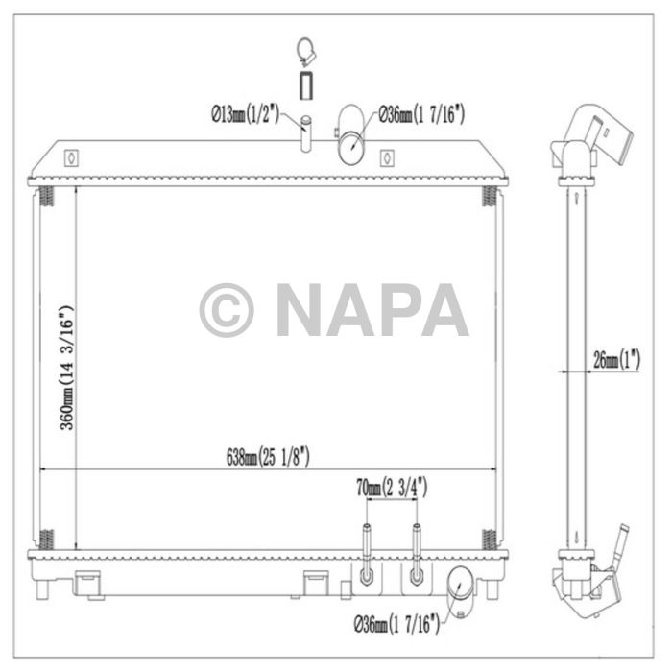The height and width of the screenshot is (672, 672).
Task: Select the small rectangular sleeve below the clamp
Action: point(305,84)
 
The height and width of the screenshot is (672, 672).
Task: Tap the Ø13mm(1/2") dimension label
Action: point(244,115)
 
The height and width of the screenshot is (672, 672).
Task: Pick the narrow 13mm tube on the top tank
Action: point(306,134)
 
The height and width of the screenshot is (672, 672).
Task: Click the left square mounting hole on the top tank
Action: point(69,156)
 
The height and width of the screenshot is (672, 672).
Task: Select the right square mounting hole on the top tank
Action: point(386,156)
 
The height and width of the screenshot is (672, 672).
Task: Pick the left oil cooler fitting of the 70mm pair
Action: point(366,557)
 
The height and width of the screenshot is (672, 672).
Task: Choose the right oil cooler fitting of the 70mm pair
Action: point(416,557)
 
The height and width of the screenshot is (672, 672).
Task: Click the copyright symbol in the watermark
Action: point(227,309)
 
